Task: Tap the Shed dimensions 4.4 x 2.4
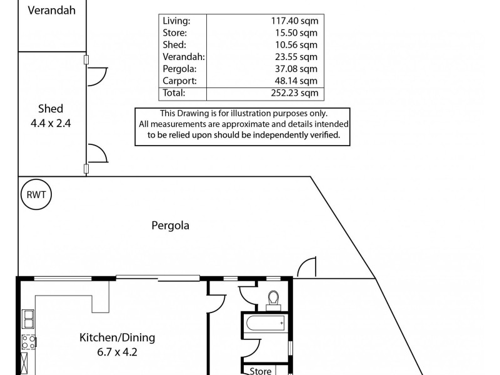(51, 123)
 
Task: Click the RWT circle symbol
(36, 194)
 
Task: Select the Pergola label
(170, 225)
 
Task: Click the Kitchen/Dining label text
(117, 338)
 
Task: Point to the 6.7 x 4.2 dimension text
(117, 352)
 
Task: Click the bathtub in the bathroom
(265, 324)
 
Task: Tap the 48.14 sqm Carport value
(296, 81)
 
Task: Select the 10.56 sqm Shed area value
(296, 44)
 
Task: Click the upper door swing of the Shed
(96, 76)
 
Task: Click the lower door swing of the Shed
(96, 152)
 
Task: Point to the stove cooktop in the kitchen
(29, 341)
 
